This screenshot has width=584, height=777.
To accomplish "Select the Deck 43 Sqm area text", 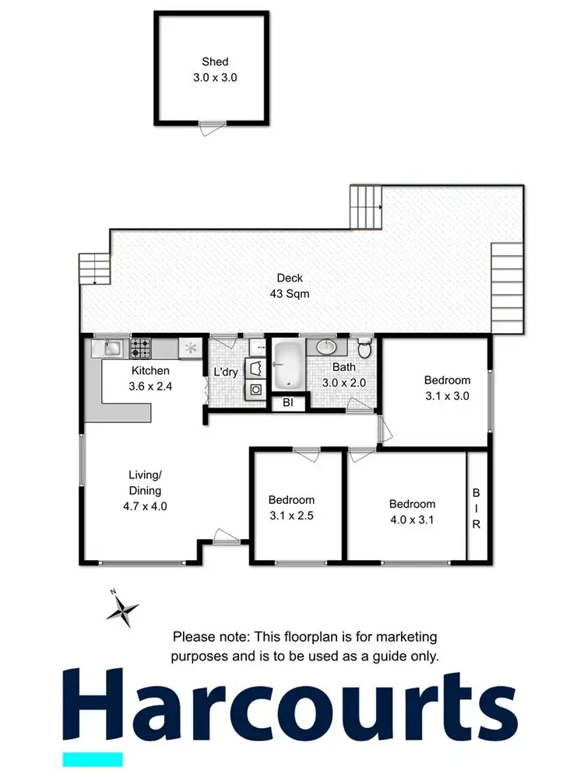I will click(290, 285).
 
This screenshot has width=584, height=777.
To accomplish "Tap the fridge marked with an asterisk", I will click(188, 348).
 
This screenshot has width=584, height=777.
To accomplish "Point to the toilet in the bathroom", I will click(361, 348).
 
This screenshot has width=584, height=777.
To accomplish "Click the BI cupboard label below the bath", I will click(287, 403).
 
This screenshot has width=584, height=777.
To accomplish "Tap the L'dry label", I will click(225, 373).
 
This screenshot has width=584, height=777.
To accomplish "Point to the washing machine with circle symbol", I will click(254, 390).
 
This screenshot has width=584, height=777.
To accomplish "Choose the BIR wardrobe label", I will click(477, 509).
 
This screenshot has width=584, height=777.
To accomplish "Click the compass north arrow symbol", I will click(122, 609).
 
